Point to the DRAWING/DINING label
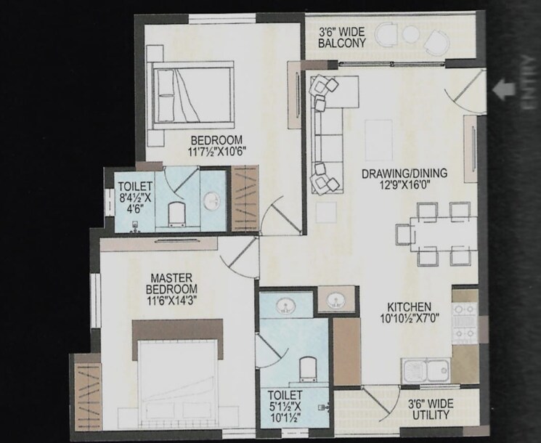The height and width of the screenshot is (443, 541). (x=404, y=179)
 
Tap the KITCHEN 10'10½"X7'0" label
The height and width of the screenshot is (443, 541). (x=410, y=313)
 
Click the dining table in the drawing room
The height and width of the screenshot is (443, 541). (x=434, y=234)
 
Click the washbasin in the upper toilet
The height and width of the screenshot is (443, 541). (x=213, y=201)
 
